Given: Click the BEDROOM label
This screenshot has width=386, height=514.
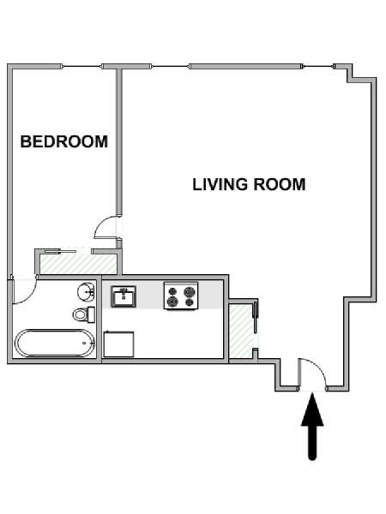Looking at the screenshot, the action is coord(64,141).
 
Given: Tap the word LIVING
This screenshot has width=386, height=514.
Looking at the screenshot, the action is coord(220,184).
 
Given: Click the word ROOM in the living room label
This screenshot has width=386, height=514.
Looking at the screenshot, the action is coord(280,184).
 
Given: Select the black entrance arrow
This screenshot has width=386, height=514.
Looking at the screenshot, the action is coord(312,427).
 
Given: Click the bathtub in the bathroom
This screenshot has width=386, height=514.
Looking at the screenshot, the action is coord(55,343).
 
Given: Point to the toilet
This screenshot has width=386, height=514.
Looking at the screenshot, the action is coord(84,314).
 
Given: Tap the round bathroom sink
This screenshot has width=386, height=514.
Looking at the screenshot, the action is coord(87,291).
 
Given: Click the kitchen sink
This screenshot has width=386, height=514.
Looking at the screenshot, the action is coord(124,296).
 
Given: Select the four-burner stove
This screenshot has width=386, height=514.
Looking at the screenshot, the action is coord(181,296).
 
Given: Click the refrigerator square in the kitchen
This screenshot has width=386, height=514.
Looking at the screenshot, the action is coord(118,344).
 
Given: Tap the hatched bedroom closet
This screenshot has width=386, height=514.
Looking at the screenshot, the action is coord(78,264).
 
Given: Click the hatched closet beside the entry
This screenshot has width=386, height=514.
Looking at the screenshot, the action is coord(242,331).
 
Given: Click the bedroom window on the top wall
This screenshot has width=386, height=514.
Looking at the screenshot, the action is coord(81,67).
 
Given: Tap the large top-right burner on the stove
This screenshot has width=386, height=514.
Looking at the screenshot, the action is coord(190,291).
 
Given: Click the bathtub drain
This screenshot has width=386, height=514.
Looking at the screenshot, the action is coord(84,344).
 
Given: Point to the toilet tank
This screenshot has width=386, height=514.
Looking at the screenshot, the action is coord(91,314).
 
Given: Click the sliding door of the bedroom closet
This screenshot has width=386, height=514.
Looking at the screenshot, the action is coord(60,251).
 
